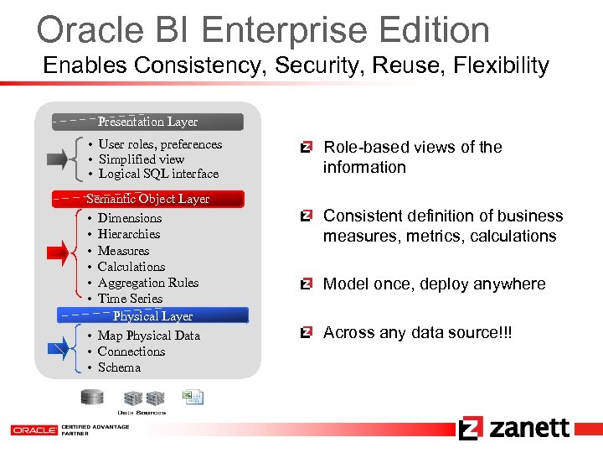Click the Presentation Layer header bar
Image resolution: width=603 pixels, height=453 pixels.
[147, 122]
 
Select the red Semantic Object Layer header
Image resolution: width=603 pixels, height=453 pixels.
[147, 199]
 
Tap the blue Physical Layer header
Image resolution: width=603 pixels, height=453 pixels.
[152, 316]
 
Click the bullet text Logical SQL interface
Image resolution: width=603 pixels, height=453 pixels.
[158, 174]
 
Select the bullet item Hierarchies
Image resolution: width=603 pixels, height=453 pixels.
[128, 234]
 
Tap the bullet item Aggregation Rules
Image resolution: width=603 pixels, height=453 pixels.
[147, 283]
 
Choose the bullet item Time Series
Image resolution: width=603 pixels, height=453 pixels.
[130, 299]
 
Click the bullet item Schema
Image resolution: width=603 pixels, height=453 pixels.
[119, 367]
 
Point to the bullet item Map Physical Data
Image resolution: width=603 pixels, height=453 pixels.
[148, 336]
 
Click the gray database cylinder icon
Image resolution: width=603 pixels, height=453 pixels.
[92, 397]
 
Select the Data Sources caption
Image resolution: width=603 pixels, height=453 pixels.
[142, 413]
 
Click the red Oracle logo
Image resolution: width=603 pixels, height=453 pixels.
[33, 430]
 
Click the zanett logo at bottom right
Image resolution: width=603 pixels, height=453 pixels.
[514, 428]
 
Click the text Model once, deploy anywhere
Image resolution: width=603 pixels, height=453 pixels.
[434, 284]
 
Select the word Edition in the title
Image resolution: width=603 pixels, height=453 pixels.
[429, 30]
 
